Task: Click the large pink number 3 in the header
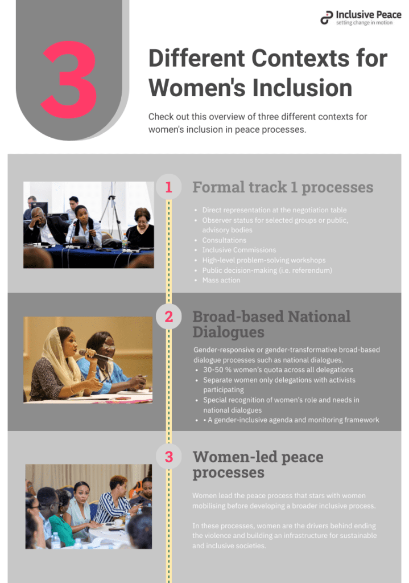coord(69,79)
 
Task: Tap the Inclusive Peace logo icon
coord(327,18)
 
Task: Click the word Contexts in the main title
coord(300,59)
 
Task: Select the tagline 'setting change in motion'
coord(364,23)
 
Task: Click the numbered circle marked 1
coord(168,187)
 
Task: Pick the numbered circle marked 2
coord(168,317)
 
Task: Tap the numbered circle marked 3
coord(168,457)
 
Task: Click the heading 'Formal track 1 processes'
coord(283,187)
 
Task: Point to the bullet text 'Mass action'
coord(221,280)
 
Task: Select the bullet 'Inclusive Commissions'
coord(239,250)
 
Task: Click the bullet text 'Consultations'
coord(224,240)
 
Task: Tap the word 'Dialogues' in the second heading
coord(228,332)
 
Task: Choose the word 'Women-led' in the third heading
coord(235,457)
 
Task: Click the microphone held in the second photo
coord(95,355)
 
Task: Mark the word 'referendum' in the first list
coord(311,270)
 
